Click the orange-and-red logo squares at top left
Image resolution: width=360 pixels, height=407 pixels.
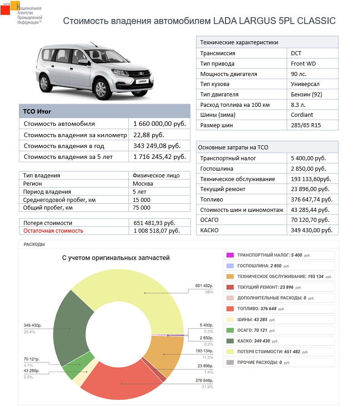point(10,8)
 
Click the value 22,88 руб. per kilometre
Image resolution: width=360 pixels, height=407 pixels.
point(149,135)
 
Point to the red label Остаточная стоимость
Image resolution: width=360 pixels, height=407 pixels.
point(53,230)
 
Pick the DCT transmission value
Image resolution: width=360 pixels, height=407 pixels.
point(296,53)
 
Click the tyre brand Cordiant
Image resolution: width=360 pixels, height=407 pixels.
point(302,115)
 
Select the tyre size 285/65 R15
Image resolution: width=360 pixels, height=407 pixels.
point(306,125)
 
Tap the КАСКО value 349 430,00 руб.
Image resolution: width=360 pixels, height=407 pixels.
point(312,230)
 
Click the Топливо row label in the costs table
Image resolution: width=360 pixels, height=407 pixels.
point(211,199)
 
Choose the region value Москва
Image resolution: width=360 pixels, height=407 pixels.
point(143,184)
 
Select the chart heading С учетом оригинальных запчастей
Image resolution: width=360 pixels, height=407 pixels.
point(116,258)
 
